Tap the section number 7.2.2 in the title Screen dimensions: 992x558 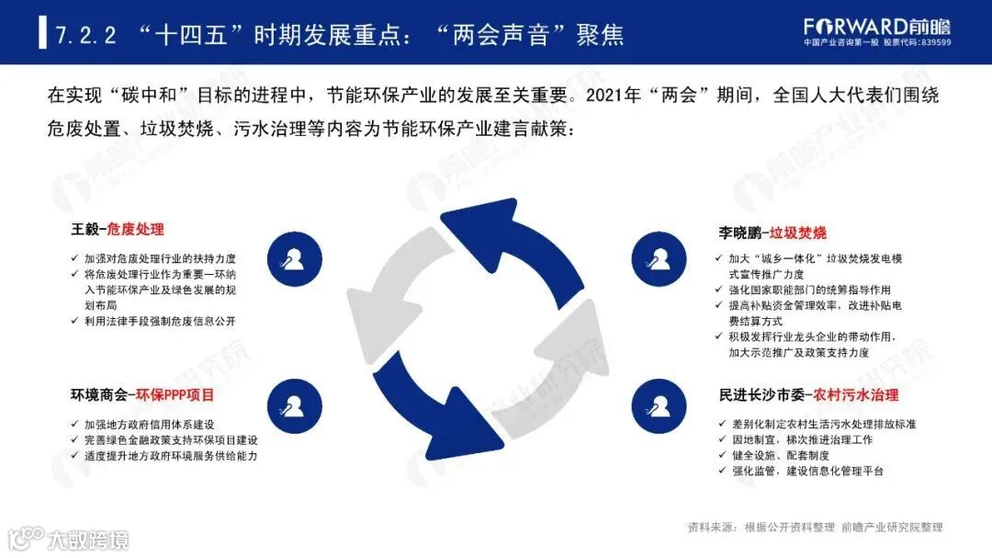pyautogui.click(x=85, y=35)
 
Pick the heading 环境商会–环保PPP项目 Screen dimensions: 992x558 pyautogui.click(x=142, y=396)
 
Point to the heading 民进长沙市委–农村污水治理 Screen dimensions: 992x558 pyautogui.click(x=808, y=396)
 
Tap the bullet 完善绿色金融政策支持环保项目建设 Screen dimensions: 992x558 pyautogui.click(x=171, y=440)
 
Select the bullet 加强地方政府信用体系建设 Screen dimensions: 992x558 pyautogui.click(x=149, y=425)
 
